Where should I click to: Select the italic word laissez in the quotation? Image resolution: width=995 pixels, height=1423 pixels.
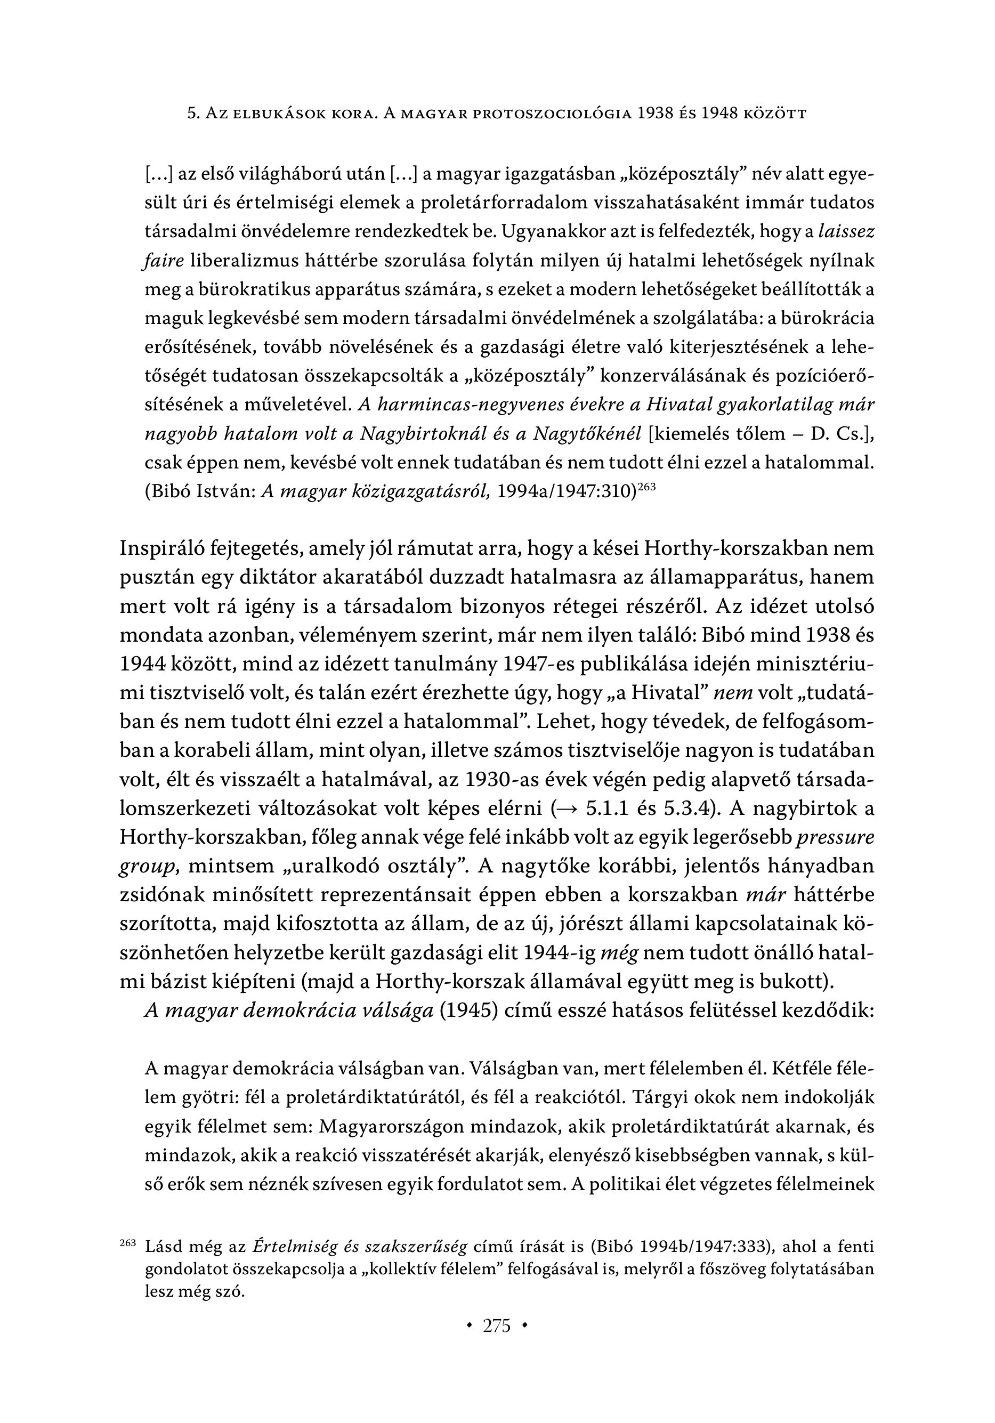[x=846, y=232]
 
